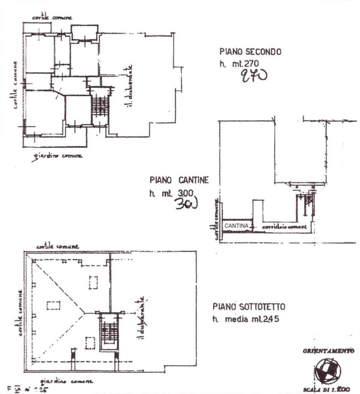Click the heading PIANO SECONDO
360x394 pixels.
[250, 52]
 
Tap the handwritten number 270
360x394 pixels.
[254, 76]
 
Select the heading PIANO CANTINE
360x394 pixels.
[179, 180]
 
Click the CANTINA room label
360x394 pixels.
[237, 226]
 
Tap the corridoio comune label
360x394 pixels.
[284, 227]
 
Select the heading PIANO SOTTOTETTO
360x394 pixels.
[249, 307]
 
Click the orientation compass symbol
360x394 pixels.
[327, 369]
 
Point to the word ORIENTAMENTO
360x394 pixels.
[328, 352]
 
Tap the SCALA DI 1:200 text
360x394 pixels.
[327, 389]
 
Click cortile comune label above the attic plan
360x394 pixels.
[57, 247]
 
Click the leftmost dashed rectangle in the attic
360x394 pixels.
[53, 305]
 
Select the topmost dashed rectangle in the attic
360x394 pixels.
[93, 282]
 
